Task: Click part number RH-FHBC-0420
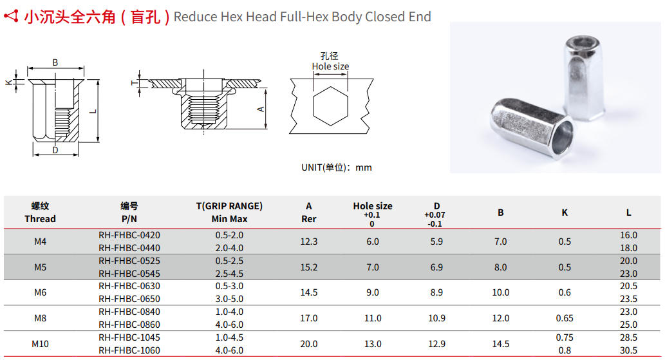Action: (x=129, y=235)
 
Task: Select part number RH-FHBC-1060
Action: (x=129, y=350)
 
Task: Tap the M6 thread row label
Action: (x=40, y=292)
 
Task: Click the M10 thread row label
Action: (x=40, y=344)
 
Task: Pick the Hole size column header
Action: (x=372, y=206)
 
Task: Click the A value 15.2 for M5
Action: (x=309, y=267)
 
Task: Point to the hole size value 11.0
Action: (x=373, y=318)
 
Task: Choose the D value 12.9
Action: (x=436, y=344)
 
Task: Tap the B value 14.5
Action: (x=500, y=344)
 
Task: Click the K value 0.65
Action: (x=565, y=318)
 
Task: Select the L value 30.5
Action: (x=628, y=350)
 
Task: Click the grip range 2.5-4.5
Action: (x=229, y=274)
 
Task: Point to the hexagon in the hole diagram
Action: (x=330, y=106)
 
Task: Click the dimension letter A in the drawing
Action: (x=261, y=109)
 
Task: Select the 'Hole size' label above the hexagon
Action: (x=330, y=66)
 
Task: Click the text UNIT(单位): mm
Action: (x=337, y=167)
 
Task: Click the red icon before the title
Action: (x=11, y=17)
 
